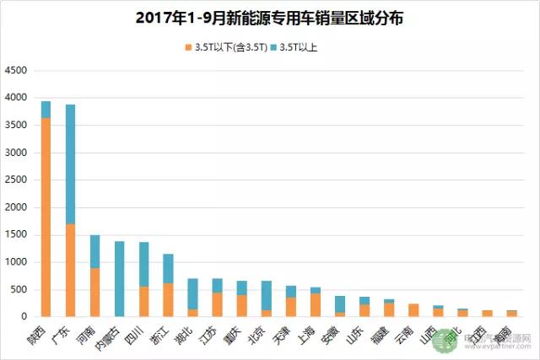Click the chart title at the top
click(x=269, y=18)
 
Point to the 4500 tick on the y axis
click(x=19, y=71)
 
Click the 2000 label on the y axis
click(x=19, y=207)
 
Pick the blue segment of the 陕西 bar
click(x=46, y=110)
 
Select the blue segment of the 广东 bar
click(x=70, y=164)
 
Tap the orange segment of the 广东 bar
click(x=70, y=270)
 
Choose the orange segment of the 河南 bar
click(x=94, y=292)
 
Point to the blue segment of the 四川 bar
click(x=143, y=264)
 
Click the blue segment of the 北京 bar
click(x=266, y=295)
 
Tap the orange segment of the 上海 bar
click(x=315, y=304)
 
